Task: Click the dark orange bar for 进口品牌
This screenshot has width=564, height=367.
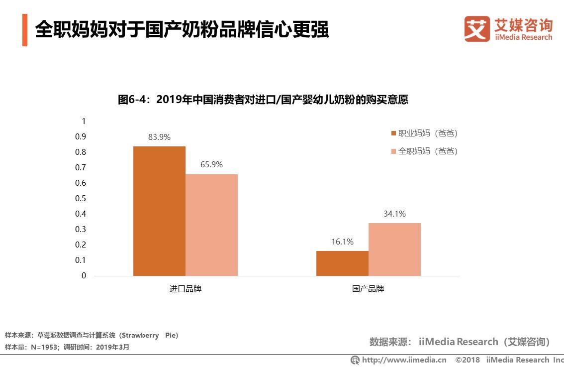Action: coord(159,211)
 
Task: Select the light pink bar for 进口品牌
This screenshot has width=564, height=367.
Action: coord(212,225)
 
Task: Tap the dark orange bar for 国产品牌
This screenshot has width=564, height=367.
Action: coord(342,263)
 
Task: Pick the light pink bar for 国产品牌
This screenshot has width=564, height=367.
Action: coord(394,249)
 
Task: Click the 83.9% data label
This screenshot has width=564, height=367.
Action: coord(159,137)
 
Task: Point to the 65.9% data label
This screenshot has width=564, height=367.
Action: coord(212,165)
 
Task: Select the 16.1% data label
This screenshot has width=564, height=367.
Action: coord(342,242)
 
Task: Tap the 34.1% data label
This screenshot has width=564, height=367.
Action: coord(394,214)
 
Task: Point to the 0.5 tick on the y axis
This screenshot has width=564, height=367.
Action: coord(80,198)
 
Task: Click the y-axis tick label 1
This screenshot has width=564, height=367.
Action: coord(84,121)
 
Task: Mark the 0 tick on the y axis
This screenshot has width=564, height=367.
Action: coord(84,275)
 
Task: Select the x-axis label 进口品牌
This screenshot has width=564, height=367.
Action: coord(185,289)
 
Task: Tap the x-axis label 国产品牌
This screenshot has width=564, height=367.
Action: coord(368,289)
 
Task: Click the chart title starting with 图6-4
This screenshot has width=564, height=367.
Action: coord(263,100)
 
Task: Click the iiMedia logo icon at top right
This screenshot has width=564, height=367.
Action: coord(477,29)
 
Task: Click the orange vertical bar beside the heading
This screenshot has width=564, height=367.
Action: coord(25,30)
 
